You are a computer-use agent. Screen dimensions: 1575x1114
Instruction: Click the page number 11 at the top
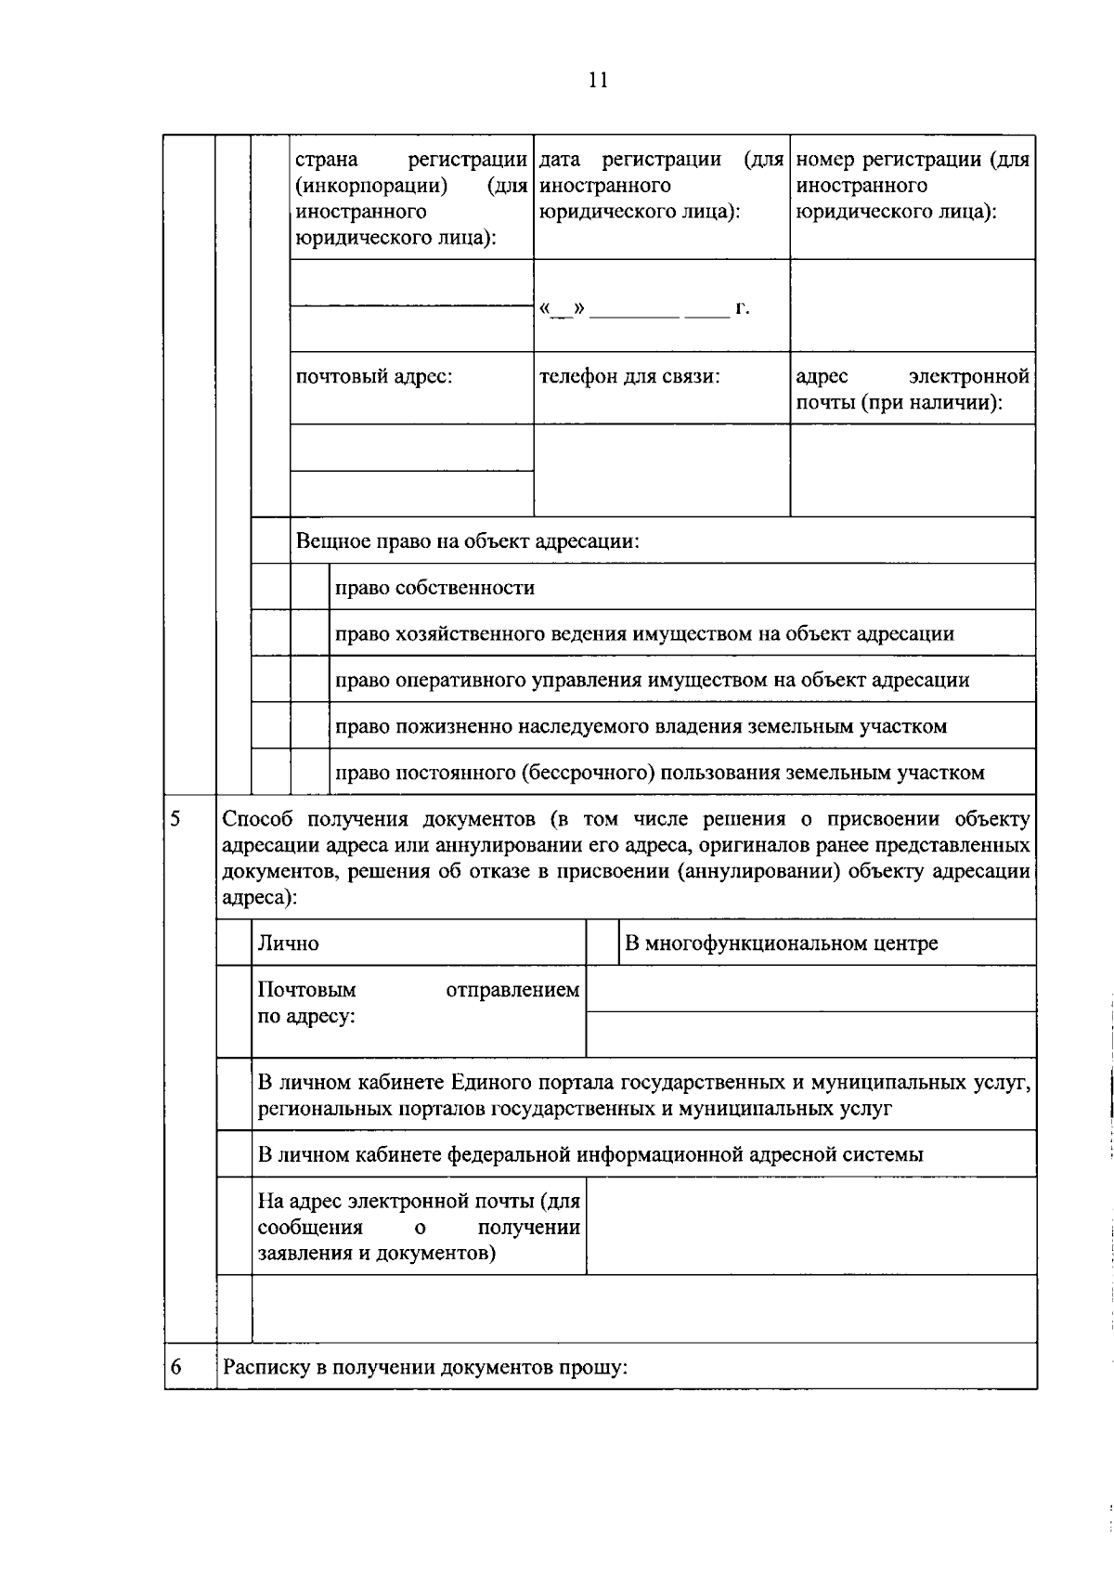597,80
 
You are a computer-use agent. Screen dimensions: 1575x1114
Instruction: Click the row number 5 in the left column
175,819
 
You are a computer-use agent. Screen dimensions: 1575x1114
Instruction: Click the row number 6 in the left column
175,1367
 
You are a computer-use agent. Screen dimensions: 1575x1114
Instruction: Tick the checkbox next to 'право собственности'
309,587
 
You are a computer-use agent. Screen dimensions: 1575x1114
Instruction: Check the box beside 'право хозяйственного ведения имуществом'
309,633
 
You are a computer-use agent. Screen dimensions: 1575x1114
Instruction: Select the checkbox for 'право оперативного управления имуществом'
309,680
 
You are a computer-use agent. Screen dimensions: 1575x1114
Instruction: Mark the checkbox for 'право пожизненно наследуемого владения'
309,725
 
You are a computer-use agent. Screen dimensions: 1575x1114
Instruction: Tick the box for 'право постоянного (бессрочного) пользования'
309,772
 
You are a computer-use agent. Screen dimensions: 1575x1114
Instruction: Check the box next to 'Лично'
234,943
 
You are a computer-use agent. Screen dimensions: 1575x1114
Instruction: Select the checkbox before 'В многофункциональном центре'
602,943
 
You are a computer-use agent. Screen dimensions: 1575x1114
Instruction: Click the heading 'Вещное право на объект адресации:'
467,540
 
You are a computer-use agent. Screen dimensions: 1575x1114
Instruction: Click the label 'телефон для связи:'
629,377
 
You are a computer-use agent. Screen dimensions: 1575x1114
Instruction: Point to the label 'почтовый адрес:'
373,377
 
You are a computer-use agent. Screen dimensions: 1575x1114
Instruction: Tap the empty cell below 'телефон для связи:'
661,470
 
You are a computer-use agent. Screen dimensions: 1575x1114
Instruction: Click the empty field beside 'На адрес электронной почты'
810,1226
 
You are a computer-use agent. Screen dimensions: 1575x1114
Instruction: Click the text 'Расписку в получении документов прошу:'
425,1367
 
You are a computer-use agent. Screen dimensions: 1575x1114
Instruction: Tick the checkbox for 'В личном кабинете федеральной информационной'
234,1154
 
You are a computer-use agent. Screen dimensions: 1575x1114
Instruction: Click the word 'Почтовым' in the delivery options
306,990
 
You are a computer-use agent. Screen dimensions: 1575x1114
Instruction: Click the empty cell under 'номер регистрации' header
912,305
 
